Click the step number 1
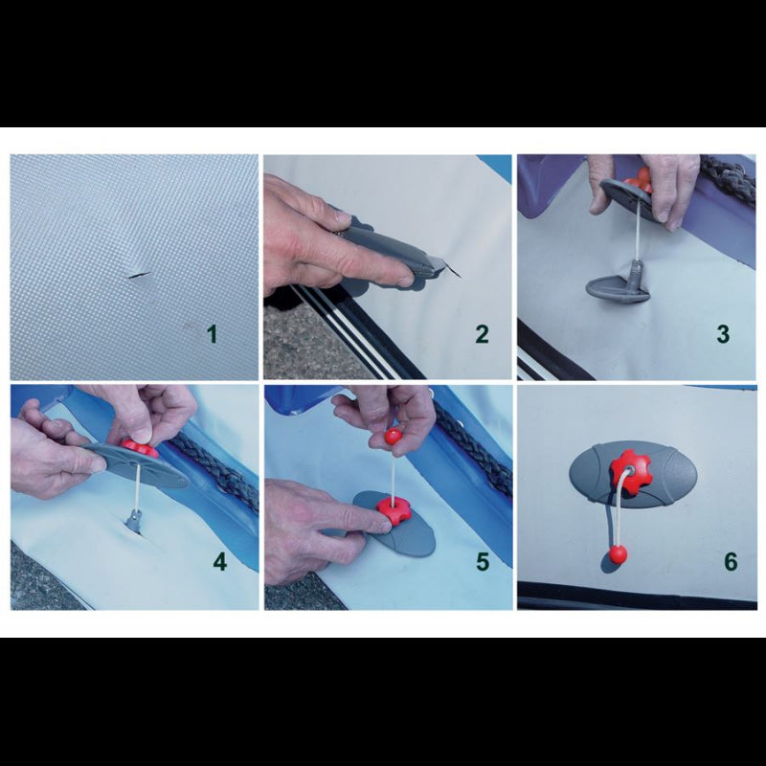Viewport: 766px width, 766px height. point(212,333)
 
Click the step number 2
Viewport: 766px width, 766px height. point(482,334)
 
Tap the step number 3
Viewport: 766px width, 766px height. point(723,334)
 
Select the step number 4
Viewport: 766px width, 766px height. point(220,562)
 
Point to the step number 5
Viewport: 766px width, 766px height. point(483,562)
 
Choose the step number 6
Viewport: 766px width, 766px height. point(731,562)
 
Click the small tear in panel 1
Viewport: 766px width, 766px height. point(140,276)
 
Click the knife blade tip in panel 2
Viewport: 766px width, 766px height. point(462,279)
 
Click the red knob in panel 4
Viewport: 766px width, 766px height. point(140,448)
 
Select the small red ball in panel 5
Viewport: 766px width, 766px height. point(394,437)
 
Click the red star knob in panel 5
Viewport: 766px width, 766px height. point(394,511)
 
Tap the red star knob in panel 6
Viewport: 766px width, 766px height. point(631,472)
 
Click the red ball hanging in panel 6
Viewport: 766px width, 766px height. point(618,555)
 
